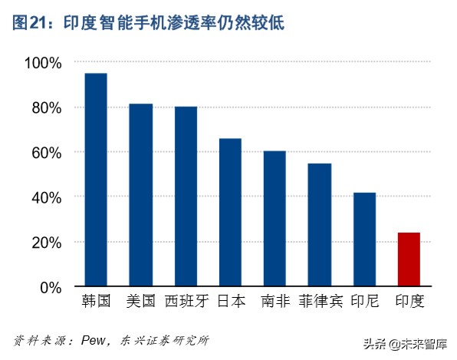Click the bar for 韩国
click(x=96, y=180)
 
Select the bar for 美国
click(x=140, y=195)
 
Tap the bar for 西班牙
click(x=186, y=197)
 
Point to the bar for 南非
click(x=275, y=219)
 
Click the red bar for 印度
click(x=409, y=259)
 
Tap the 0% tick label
click(x=50, y=287)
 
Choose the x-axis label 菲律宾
click(x=320, y=302)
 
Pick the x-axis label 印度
click(x=409, y=302)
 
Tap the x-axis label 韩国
click(x=96, y=302)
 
